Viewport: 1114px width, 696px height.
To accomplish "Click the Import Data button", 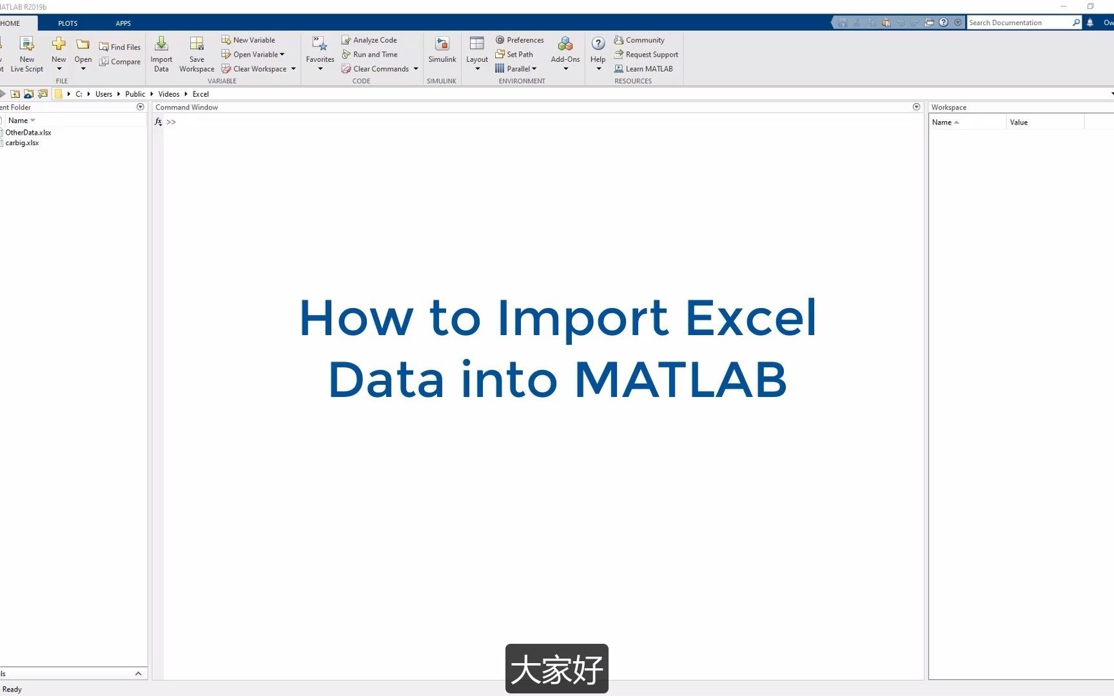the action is [x=161, y=54].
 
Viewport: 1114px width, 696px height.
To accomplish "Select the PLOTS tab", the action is [x=68, y=23].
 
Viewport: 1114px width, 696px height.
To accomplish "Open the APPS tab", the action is [x=123, y=23].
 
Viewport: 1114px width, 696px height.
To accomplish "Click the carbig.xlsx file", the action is [x=22, y=143].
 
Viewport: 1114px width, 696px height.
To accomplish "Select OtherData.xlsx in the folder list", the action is [x=28, y=133].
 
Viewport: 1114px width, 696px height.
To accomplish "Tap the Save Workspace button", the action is [x=197, y=54].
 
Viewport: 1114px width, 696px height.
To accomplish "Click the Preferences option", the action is [x=520, y=40].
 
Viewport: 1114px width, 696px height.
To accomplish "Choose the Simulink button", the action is [x=442, y=50].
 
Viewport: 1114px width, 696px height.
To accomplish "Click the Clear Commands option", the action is [x=380, y=69].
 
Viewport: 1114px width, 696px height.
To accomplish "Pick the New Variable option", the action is [x=248, y=40].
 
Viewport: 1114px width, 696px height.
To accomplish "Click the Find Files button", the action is [x=120, y=47].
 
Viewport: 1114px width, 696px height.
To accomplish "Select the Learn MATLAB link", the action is [x=643, y=69].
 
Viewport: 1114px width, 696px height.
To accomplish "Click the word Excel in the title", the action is [x=751, y=318].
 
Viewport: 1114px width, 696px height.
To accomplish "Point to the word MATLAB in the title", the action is [x=680, y=380].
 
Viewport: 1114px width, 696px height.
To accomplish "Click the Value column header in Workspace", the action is [x=1019, y=122].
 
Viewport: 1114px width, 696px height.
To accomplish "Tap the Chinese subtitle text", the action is [x=557, y=670].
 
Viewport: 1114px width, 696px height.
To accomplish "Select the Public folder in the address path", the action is [x=135, y=94].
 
